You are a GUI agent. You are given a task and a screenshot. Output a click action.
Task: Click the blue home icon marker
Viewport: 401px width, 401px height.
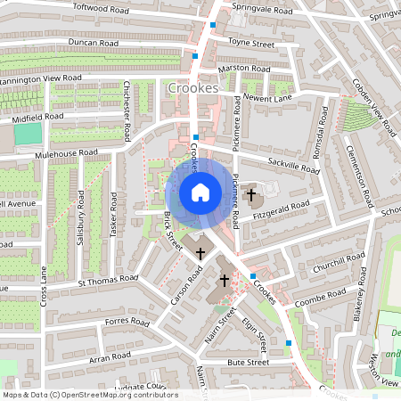click(x=200, y=192)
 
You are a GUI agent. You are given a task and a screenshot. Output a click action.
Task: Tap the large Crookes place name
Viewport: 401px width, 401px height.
click(x=192, y=88)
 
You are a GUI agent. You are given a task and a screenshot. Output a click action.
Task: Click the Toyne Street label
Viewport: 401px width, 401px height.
click(x=252, y=42)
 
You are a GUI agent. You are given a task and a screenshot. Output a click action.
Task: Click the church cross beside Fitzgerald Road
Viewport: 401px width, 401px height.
click(x=252, y=193)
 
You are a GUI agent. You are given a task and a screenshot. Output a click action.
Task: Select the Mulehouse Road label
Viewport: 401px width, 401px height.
click(x=66, y=152)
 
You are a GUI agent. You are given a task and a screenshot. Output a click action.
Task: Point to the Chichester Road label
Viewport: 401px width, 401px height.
click(x=127, y=111)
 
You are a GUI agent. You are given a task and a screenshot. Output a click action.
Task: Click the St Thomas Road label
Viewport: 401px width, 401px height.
click(x=107, y=282)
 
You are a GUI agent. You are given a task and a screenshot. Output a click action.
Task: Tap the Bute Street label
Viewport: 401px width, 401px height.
click(x=248, y=363)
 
